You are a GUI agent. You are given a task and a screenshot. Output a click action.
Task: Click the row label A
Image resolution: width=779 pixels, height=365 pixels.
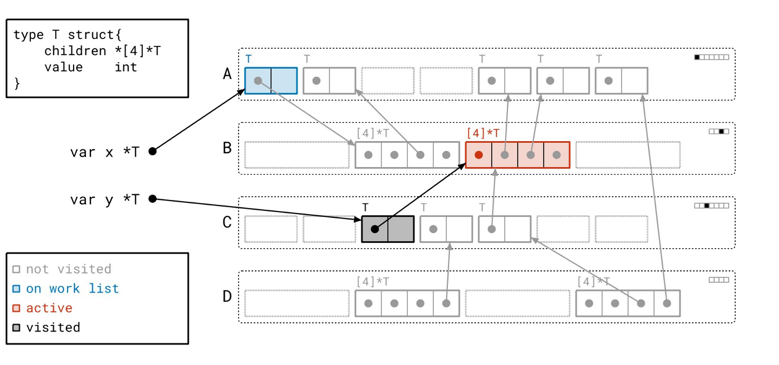(x=228, y=74)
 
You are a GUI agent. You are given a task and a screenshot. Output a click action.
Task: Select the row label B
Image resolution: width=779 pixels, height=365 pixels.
(x=228, y=148)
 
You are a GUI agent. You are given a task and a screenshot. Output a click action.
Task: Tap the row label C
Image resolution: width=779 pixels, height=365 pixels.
(x=228, y=222)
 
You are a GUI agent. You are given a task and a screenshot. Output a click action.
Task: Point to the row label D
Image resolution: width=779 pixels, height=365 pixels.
(x=228, y=296)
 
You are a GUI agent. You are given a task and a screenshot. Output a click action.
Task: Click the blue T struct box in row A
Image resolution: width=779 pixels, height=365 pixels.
(x=271, y=81)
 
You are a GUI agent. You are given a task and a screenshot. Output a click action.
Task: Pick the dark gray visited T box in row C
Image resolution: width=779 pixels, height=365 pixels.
(x=388, y=229)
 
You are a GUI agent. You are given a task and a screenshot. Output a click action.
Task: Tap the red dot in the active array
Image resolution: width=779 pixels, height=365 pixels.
(x=479, y=155)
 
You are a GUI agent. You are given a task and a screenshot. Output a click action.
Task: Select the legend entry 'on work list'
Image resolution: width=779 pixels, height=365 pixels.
(x=72, y=289)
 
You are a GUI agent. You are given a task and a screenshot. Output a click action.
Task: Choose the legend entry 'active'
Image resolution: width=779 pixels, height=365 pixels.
(x=49, y=308)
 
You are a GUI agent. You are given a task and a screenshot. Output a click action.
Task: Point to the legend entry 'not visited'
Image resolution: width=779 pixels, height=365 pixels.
(x=68, y=269)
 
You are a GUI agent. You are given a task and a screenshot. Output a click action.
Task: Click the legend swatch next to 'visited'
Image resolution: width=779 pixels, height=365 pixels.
(x=16, y=328)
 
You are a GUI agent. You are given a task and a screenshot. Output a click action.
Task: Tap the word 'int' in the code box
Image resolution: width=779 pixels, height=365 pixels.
(x=126, y=67)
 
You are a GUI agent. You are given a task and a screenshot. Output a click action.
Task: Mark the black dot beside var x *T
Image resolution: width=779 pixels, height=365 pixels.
(x=153, y=151)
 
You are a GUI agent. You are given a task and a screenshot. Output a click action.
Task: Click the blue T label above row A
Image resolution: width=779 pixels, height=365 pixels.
(x=248, y=59)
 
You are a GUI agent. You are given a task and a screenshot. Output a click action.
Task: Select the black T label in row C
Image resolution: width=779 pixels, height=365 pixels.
(x=365, y=207)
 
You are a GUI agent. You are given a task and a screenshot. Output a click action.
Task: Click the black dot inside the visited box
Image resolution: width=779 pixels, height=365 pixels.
(x=375, y=229)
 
